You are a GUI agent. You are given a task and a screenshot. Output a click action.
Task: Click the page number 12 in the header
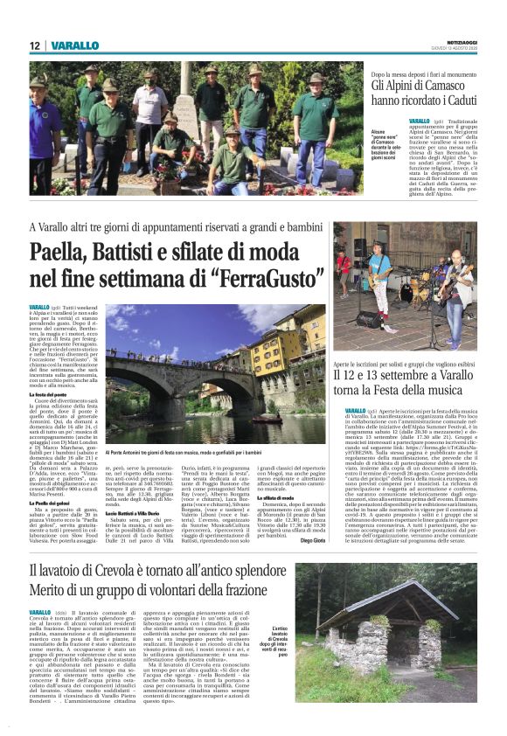tap(34, 45)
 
